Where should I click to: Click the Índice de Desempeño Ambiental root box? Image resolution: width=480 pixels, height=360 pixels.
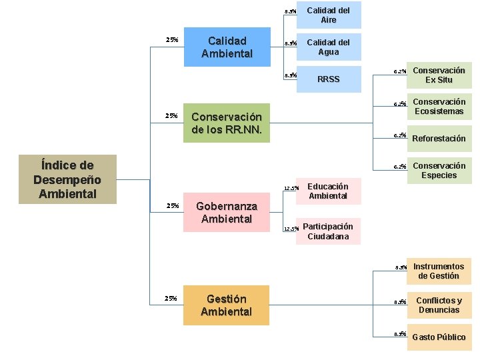tap(67, 179)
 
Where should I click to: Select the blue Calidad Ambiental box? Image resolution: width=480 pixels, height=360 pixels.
tap(227, 47)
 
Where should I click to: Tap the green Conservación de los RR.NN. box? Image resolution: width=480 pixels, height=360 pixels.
tap(227, 123)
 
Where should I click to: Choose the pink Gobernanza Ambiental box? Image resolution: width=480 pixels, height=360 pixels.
tap(226, 213)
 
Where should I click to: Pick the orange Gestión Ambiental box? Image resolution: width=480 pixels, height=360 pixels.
tap(226, 305)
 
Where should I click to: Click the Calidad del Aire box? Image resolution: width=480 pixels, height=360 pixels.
tap(329, 15)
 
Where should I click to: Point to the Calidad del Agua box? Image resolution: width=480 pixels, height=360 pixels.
tap(329, 47)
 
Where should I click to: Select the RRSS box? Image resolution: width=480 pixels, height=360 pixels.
tap(329, 79)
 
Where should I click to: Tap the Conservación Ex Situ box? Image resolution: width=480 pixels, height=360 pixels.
tap(439, 75)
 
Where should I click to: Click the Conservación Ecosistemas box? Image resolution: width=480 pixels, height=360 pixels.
tap(439, 107)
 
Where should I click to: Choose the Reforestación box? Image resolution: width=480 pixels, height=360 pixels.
tap(439, 139)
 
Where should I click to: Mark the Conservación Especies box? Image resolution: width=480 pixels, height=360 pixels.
tap(439, 171)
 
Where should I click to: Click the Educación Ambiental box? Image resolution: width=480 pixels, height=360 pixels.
tap(328, 191)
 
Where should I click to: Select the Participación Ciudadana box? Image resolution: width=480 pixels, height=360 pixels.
tap(328, 231)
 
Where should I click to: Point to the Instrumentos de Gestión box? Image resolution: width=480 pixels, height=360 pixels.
tap(439, 271)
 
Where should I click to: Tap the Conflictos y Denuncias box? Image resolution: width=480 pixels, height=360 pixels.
tap(439, 305)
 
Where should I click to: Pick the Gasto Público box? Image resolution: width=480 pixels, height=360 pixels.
tap(439, 337)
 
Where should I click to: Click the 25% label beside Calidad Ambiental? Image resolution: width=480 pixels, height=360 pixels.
tap(171, 40)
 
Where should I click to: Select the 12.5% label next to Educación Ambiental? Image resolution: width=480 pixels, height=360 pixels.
tap(291, 188)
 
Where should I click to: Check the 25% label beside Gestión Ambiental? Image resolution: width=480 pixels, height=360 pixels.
tap(171, 299)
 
